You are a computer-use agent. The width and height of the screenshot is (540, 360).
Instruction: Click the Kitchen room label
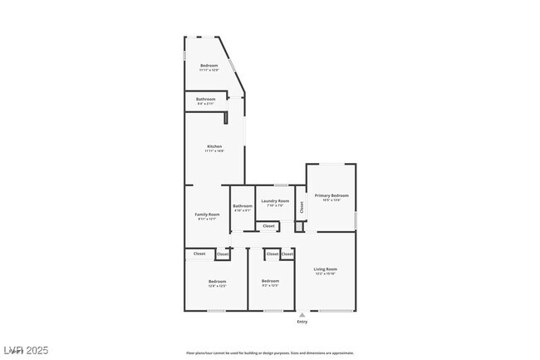(214, 146)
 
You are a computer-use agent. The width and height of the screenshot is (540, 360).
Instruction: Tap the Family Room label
(207, 215)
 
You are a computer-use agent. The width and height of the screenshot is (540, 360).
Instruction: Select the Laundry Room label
(275, 201)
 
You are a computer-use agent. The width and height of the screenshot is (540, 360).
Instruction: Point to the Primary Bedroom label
(331, 195)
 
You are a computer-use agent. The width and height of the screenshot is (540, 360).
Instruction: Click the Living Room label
(325, 269)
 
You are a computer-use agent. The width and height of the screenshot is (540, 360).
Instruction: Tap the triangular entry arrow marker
(302, 314)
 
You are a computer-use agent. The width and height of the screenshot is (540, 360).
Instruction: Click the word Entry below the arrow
(302, 322)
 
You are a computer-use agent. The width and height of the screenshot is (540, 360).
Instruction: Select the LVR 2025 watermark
(26, 350)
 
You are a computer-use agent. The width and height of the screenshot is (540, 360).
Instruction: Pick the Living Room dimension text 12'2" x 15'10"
(325, 274)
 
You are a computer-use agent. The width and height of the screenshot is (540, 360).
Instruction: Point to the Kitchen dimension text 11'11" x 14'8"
(214, 151)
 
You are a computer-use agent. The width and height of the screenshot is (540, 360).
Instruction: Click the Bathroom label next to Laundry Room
(243, 206)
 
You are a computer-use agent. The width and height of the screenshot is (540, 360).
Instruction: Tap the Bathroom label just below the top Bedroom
(206, 99)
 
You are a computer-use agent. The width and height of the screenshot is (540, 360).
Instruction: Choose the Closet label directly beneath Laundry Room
(268, 226)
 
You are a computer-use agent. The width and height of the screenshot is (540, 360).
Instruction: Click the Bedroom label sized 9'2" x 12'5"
(270, 281)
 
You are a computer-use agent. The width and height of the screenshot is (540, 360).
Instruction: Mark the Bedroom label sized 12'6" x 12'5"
(217, 281)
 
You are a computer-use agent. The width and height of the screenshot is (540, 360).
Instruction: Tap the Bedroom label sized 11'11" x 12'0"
(209, 65)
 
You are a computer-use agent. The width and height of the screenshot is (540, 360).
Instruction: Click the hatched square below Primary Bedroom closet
(300, 226)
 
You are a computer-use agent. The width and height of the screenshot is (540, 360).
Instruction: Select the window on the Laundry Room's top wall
(281, 185)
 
